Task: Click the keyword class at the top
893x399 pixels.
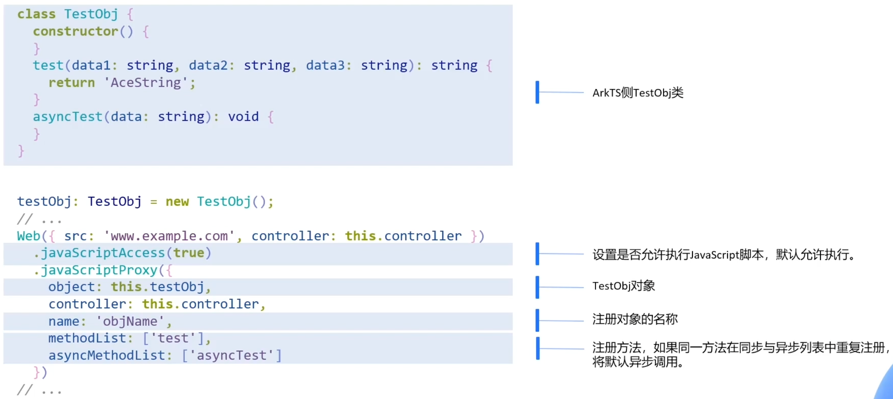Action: pos(36,14)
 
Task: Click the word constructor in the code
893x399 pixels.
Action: pos(76,31)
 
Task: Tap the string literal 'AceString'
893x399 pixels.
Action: pos(145,82)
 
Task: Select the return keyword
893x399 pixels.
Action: pos(71,82)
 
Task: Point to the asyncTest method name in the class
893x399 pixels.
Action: pos(68,116)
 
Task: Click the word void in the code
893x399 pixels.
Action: pos(243,116)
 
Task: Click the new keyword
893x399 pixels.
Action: pos(177,201)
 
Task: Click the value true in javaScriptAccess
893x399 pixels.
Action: pos(188,253)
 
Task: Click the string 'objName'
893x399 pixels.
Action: pos(130,321)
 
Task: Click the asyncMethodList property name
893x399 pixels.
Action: pos(107,355)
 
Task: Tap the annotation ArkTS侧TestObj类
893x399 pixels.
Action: pos(638,93)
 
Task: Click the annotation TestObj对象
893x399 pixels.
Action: pos(623,286)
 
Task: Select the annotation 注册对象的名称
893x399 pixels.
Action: pos(635,319)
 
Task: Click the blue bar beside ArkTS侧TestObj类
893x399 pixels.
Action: pos(537,92)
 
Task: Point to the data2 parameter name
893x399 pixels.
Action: pos(208,65)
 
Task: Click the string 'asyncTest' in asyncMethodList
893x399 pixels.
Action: pos(231,355)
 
